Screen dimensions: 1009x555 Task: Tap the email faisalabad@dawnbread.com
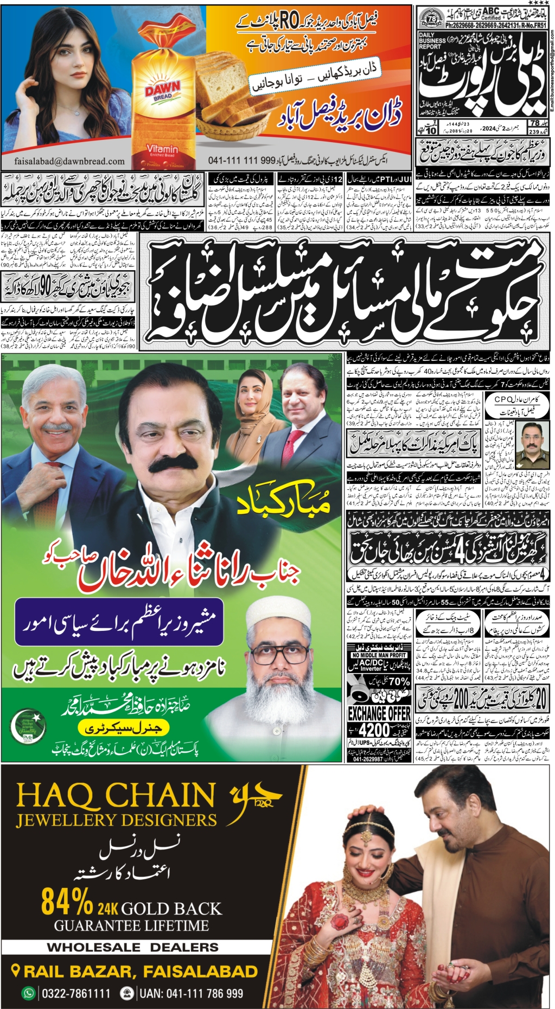69,161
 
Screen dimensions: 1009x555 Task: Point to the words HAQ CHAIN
116,796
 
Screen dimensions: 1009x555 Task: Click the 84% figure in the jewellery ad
67,902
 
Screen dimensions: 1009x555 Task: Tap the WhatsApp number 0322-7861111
76,993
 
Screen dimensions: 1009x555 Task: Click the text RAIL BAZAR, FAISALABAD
140,972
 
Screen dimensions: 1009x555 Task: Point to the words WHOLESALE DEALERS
132,947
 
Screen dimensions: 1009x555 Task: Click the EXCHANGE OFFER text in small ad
379,713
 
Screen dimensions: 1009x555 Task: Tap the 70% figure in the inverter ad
399,681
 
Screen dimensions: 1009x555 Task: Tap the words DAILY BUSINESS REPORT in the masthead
432,41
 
